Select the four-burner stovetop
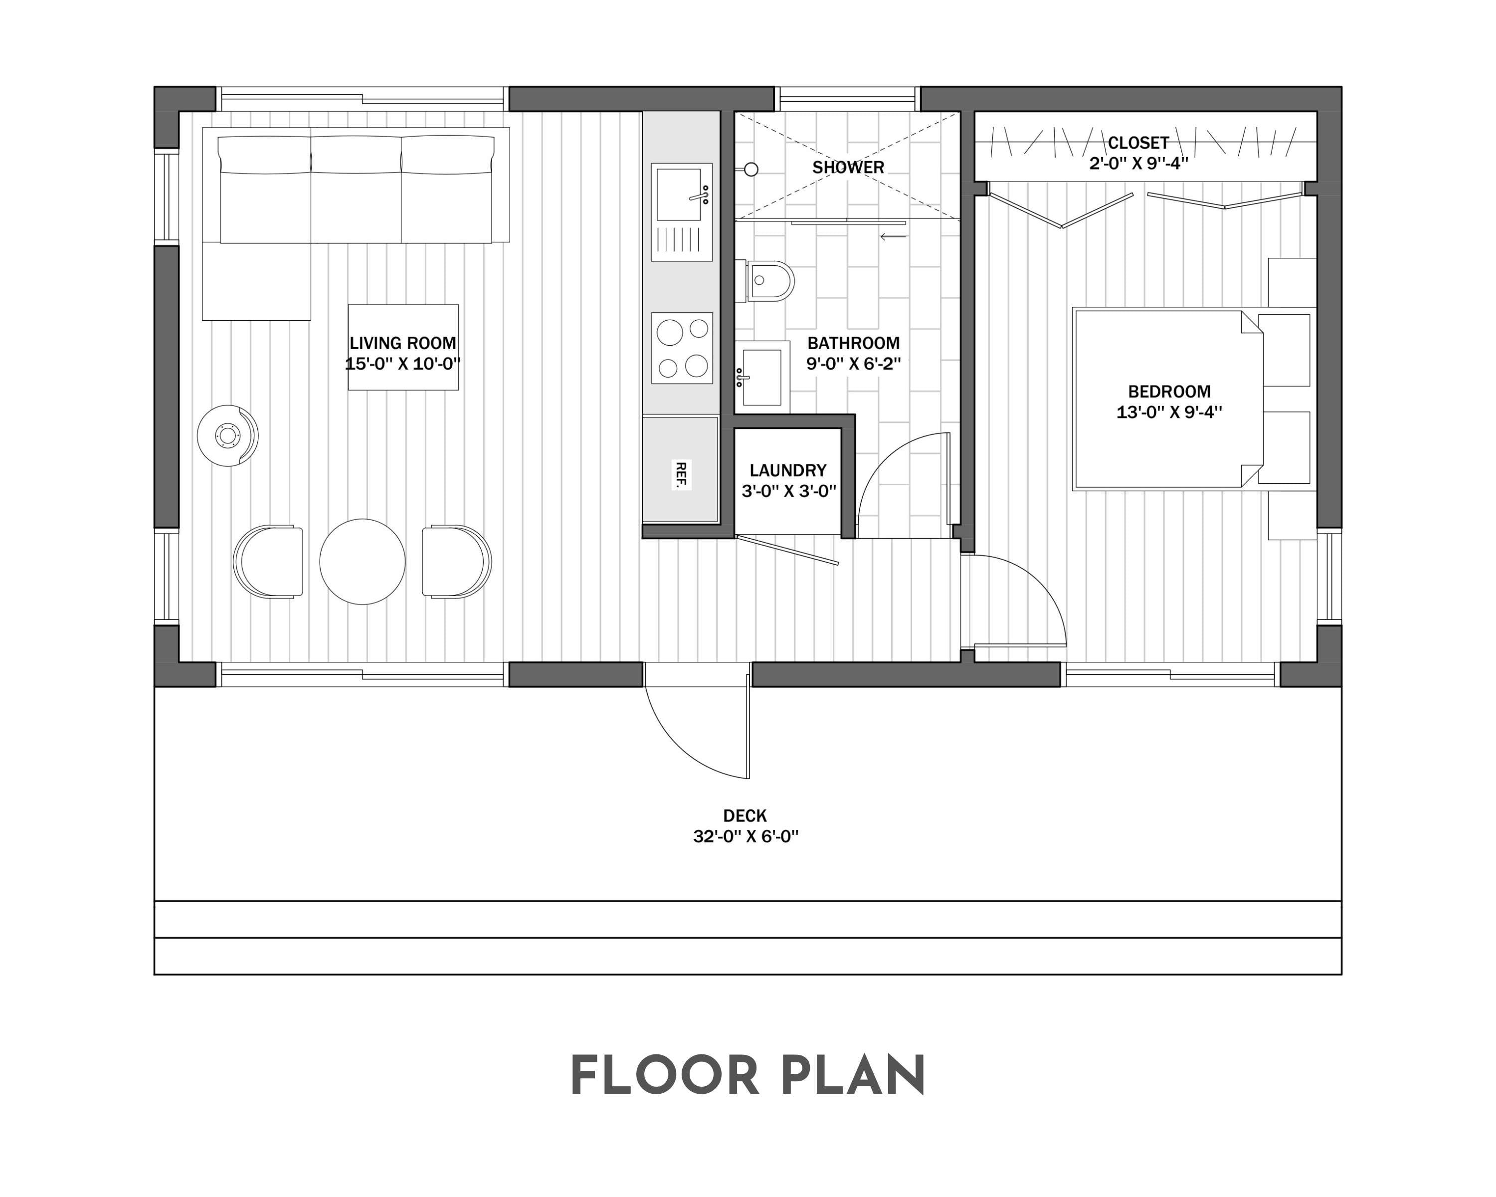[681, 348]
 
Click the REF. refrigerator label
[681, 475]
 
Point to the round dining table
[362, 562]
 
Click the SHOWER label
[848, 167]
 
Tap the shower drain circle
[751, 169]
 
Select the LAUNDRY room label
[787, 470]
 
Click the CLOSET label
[1138, 143]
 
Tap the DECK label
[745, 815]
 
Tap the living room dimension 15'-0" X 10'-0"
[402, 364]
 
